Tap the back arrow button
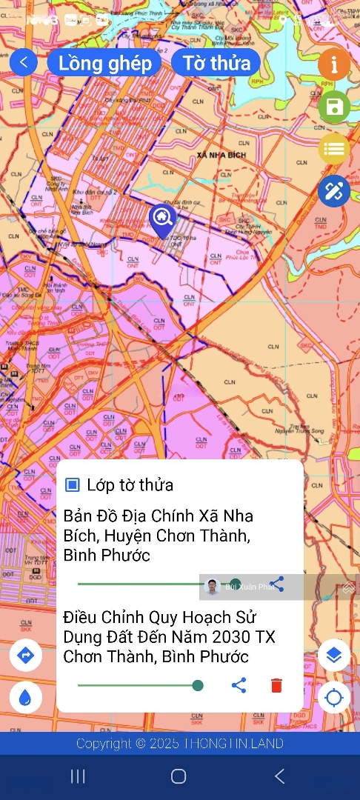click(x=24, y=62)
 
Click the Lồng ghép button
click(x=104, y=63)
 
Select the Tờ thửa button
click(x=216, y=63)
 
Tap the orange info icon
click(x=334, y=64)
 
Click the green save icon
click(x=334, y=107)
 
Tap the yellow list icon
click(x=334, y=149)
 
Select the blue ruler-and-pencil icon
click(x=334, y=191)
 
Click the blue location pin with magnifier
click(x=161, y=219)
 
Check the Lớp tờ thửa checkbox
click(x=73, y=485)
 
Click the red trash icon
click(x=276, y=685)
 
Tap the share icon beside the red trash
click(x=239, y=685)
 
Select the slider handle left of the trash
click(x=198, y=685)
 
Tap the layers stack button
click(x=334, y=656)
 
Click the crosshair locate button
click(x=334, y=697)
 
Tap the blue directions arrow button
click(x=25, y=656)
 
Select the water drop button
click(x=25, y=697)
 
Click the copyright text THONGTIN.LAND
click(x=180, y=744)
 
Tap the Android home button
click(x=179, y=776)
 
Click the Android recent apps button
click(x=78, y=776)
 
